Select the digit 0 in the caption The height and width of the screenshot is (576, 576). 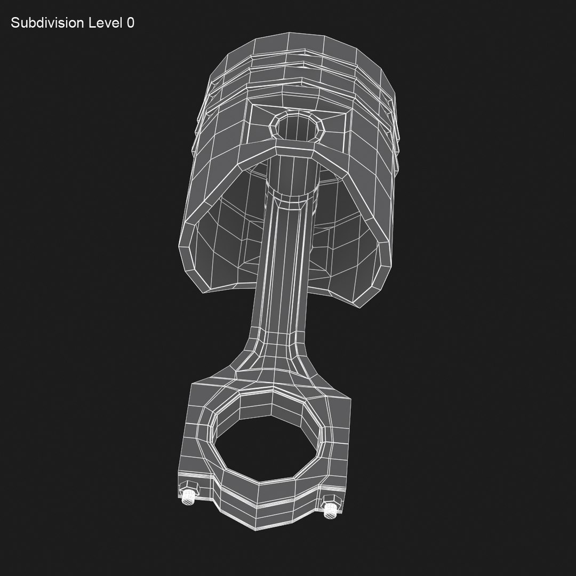[x=131, y=23]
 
